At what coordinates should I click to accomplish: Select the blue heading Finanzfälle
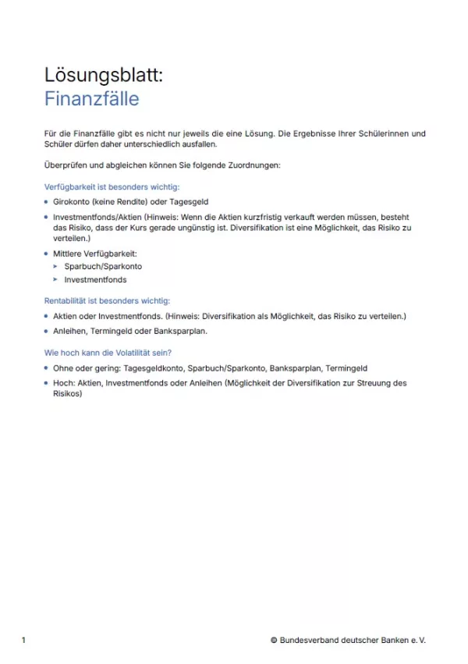pos(92,99)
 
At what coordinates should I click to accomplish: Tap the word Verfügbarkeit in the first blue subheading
pos(72,186)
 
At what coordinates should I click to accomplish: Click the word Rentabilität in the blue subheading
pos(69,300)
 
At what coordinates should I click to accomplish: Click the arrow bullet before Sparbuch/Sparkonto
pos(55,267)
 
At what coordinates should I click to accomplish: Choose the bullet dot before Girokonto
pos(47,201)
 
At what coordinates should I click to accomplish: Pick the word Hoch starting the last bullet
pos(62,383)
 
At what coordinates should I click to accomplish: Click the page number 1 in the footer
pos(23,641)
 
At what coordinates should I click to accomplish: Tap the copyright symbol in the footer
pos(275,641)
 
